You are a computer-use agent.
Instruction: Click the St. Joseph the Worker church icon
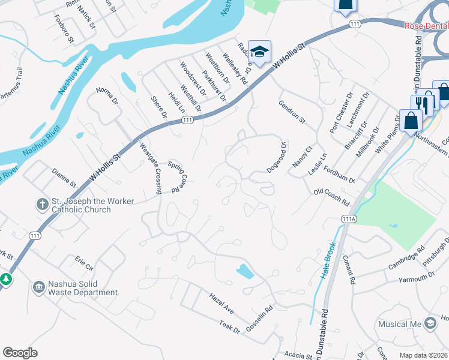pos(43,205)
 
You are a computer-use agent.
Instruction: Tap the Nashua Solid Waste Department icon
pos(39,287)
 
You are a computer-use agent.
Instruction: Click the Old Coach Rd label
pos(331,198)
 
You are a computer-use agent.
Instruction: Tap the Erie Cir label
pos(84,262)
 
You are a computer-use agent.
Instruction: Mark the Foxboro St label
pos(63,29)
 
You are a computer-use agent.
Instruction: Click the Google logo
pos(20,353)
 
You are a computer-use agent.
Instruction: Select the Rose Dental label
pos(426,25)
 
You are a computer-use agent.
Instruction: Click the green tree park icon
pos(6,279)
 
